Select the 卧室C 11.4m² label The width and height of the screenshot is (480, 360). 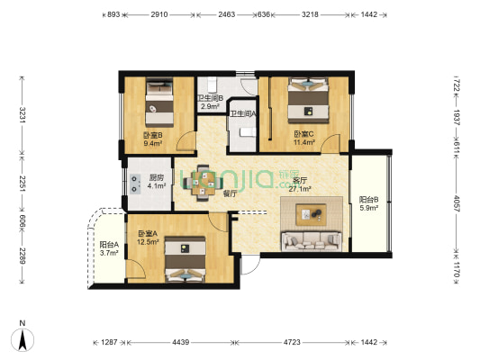304,139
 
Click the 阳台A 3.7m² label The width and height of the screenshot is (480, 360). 108,249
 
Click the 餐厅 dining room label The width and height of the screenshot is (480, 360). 204,193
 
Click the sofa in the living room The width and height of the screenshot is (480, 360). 311,240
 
